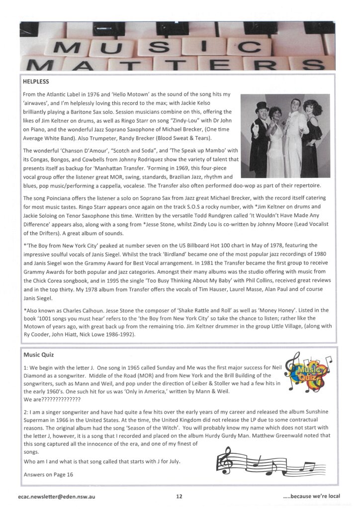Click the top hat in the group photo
pyautogui.click(x=262, y=105)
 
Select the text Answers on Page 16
pyautogui.click(x=48, y=474)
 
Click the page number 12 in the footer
pyautogui.click(x=179, y=496)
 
